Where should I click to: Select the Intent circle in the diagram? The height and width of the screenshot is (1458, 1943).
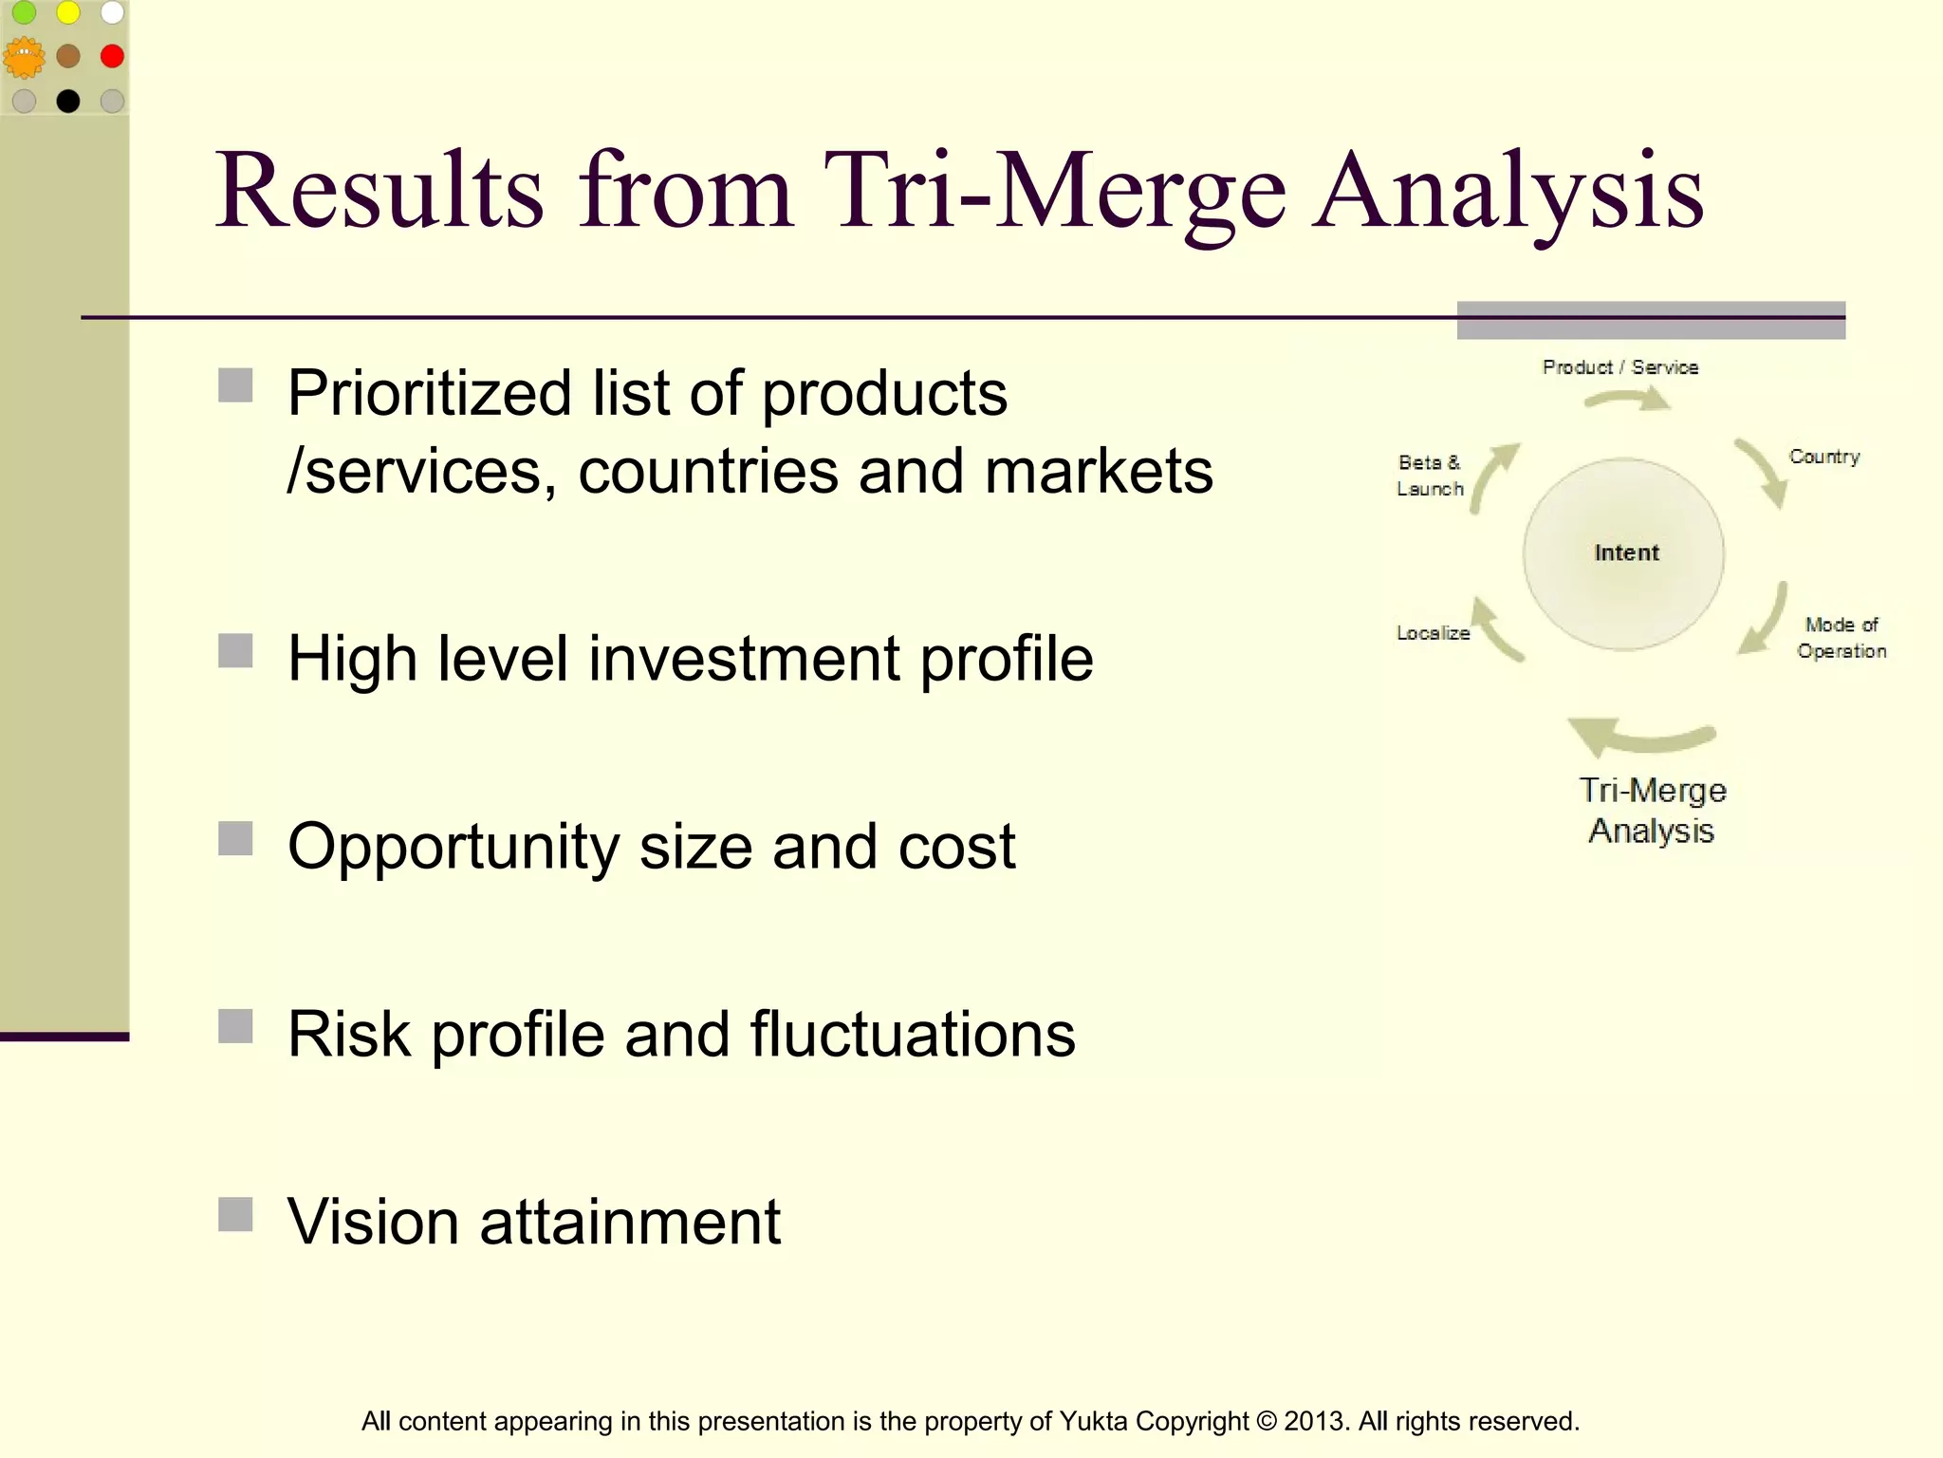pos(1624,553)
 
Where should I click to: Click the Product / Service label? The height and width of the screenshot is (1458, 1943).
pos(1619,367)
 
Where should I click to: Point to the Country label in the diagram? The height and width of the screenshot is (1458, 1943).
pos(1823,457)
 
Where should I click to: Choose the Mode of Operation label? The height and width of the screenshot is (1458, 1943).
pos(1841,638)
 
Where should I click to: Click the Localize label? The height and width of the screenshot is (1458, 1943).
pos(1433,633)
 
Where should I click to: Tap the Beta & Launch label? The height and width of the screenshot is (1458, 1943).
pos(1430,476)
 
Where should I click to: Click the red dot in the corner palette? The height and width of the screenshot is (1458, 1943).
pos(112,56)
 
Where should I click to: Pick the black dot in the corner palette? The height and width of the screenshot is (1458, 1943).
pos(68,101)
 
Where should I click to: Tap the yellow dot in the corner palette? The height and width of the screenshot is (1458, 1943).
pos(68,12)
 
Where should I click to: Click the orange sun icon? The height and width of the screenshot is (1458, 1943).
pos(24,58)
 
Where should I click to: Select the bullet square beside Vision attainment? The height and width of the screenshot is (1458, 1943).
pos(235,1214)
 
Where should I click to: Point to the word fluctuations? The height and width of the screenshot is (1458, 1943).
pos(913,1034)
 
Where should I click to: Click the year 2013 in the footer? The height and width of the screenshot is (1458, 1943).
pos(1313,1421)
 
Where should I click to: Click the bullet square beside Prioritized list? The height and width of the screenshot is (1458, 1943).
pos(235,386)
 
